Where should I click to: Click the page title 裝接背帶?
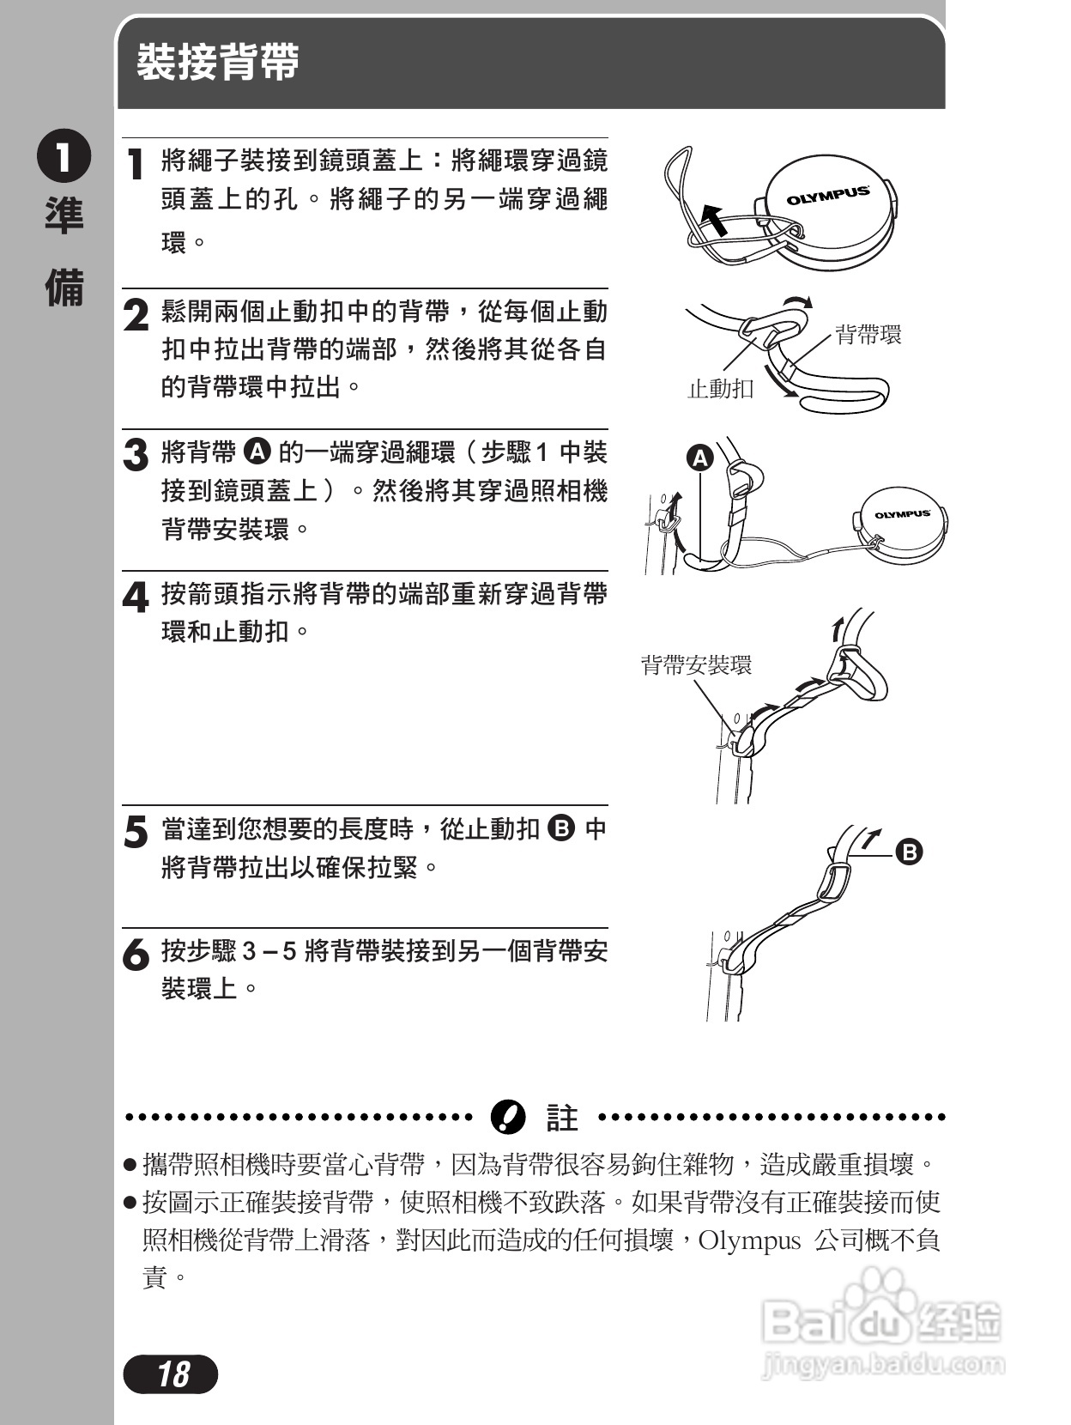point(218,63)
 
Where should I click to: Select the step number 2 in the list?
point(136,316)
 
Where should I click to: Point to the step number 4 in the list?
point(136,597)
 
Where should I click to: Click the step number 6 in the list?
point(136,955)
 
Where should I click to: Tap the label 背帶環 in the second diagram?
point(868,335)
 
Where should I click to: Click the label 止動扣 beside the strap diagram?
point(721,389)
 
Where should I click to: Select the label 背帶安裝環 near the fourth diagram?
point(696,664)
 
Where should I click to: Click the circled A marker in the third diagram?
point(701,458)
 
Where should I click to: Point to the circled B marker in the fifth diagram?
point(909,852)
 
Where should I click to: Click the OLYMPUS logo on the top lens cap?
point(828,196)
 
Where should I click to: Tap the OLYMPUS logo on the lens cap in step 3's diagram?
point(902,514)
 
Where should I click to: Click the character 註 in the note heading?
point(562,1118)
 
